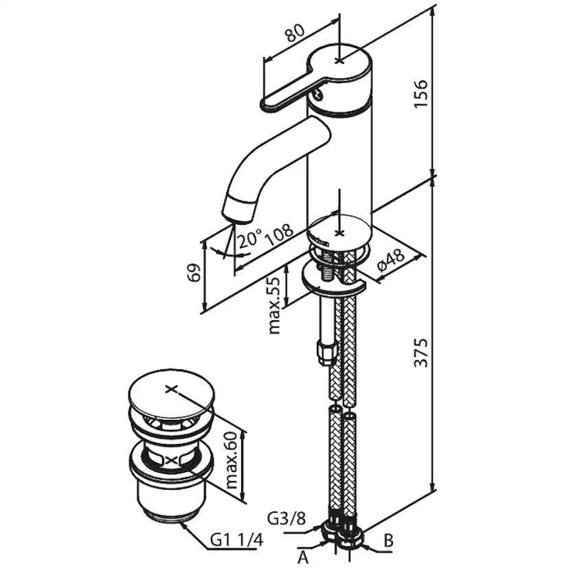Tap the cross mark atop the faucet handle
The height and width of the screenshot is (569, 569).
coord(339,60)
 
